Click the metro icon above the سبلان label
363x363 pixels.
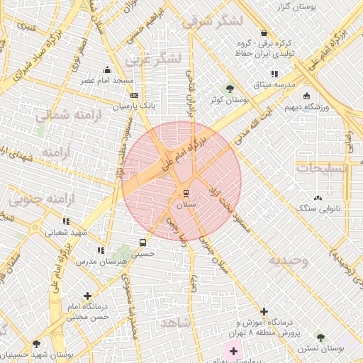pos(186,193)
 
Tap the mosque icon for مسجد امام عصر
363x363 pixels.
pos(107,69)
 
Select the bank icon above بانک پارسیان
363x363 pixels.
pos(135,95)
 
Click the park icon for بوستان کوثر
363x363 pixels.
pos(229,89)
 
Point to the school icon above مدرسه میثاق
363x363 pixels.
pos(274,74)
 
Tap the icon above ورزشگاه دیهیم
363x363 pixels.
pos(306,96)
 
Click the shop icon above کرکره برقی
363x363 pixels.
pos(264,33)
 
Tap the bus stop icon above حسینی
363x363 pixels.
pos(143,242)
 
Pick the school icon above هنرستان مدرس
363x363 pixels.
pos(101,250)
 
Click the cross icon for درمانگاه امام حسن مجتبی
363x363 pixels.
pos(87,295)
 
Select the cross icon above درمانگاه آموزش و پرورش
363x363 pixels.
pos(264,311)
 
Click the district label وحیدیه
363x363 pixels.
pos(288,260)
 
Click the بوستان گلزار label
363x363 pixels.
pos(325,6)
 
